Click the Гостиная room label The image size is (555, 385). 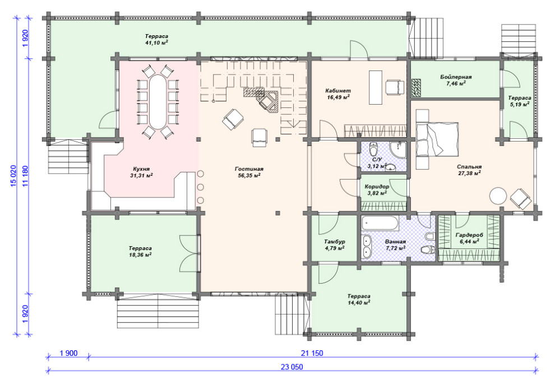point(249,169)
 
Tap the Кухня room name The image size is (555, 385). point(141,169)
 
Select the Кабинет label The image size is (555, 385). point(338,91)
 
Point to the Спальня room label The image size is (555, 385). point(469,167)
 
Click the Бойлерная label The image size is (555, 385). point(456,77)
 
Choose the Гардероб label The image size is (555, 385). point(469,235)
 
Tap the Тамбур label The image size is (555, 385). point(335,242)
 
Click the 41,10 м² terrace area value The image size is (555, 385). point(156,43)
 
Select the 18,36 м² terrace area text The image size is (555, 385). point(140,255)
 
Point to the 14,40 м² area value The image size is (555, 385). point(359,302)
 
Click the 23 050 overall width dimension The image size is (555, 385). point(292,367)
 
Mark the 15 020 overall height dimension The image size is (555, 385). point(14,176)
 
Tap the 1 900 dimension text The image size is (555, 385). point(68,353)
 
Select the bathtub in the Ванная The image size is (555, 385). point(380,223)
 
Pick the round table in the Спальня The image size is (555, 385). point(498,195)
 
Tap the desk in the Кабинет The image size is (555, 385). point(376,87)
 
